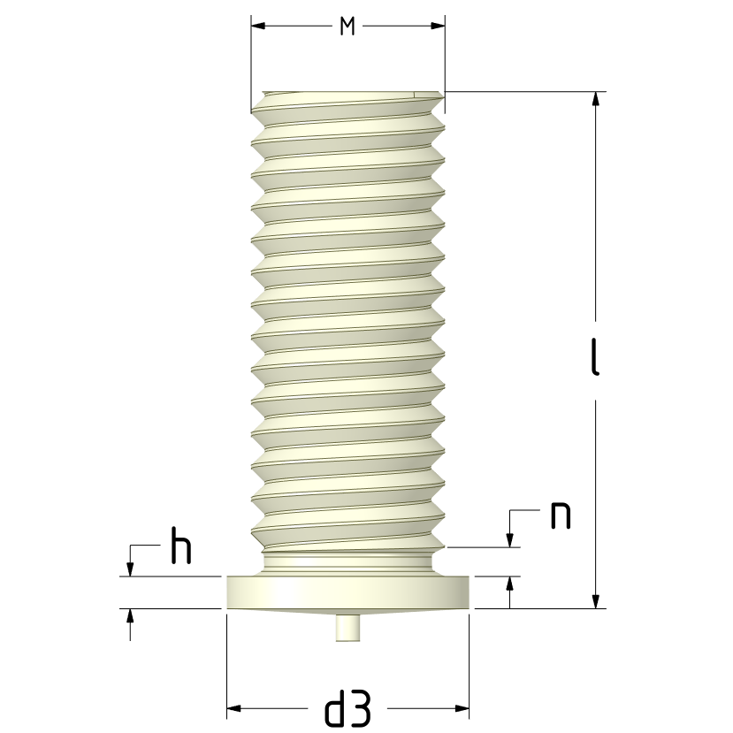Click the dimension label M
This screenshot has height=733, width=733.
(x=347, y=27)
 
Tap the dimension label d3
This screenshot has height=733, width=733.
(x=347, y=708)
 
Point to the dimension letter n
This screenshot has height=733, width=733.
(x=561, y=515)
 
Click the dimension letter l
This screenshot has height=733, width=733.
(x=595, y=356)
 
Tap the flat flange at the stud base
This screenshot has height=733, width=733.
(x=347, y=592)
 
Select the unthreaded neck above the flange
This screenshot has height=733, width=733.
(x=347, y=564)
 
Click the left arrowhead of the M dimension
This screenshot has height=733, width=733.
(x=258, y=26)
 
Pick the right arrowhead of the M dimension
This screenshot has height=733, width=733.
(x=438, y=26)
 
